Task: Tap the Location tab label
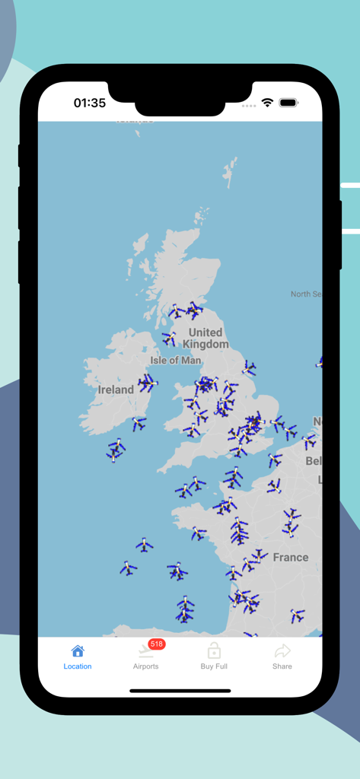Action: click(x=78, y=666)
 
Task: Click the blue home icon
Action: click(x=78, y=651)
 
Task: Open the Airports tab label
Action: click(x=145, y=666)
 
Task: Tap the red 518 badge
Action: click(x=157, y=644)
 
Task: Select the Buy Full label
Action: click(x=214, y=666)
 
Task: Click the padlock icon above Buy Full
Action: click(x=214, y=650)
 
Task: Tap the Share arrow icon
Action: click(x=282, y=650)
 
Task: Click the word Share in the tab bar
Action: click(x=282, y=666)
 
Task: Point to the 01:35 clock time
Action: click(x=90, y=103)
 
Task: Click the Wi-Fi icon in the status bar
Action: click(x=267, y=103)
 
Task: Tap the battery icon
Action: click(x=288, y=103)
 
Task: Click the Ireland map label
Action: click(x=116, y=389)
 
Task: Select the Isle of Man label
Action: click(x=176, y=361)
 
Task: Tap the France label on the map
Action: click(x=291, y=558)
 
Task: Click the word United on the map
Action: click(x=205, y=332)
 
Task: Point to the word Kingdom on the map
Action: click(x=205, y=344)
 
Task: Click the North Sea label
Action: click(x=306, y=294)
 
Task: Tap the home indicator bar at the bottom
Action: click(x=180, y=691)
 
